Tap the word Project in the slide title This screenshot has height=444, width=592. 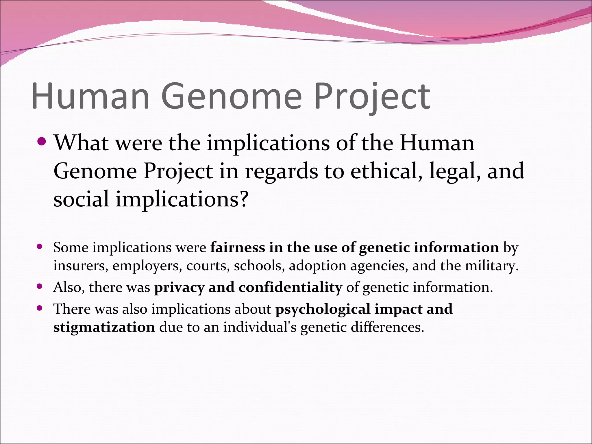pos(372,96)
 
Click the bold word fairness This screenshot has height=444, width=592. pos(237,247)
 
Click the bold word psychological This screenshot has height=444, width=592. pos(323,309)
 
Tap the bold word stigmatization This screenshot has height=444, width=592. pos(104,328)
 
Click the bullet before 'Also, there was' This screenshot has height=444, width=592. pos(40,286)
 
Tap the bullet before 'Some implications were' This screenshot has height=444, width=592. pos(40,247)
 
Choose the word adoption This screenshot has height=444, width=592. pos(317,266)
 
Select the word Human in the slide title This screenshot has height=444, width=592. pos(90,96)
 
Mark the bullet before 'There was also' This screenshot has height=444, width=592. pos(40,308)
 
